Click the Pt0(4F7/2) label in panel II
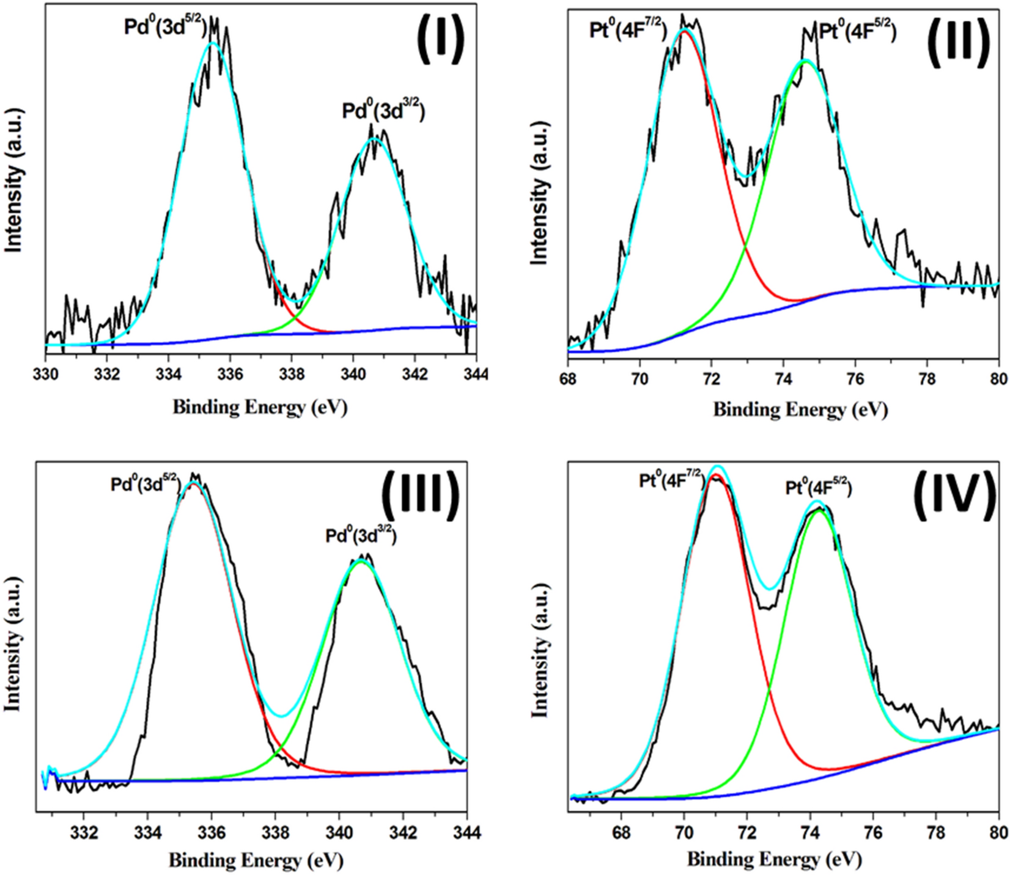pos(628,30)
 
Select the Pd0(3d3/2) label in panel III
pos(361,536)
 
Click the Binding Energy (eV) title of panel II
pos(800,409)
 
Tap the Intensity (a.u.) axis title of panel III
pos(13,643)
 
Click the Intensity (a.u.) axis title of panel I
pos(13,181)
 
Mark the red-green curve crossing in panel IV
pos(769,689)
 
